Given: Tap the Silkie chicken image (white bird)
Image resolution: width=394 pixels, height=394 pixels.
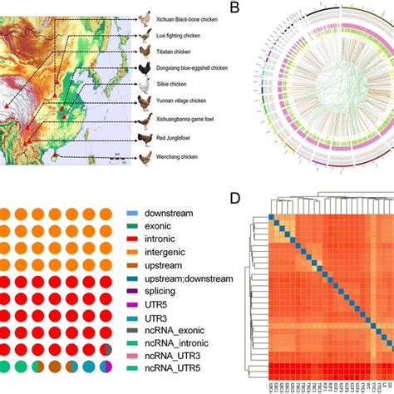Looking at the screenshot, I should pos(145,85).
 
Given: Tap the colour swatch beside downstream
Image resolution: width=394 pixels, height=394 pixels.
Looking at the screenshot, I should pos(132,213).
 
